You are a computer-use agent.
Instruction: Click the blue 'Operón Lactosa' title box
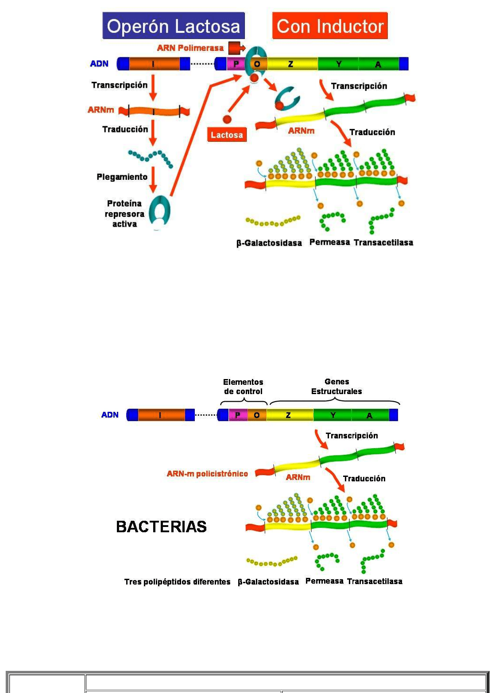[x=173, y=26]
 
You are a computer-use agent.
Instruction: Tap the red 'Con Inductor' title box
[x=330, y=26]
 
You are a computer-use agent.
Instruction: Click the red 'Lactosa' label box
[x=227, y=135]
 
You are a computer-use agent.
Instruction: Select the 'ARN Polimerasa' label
[x=190, y=48]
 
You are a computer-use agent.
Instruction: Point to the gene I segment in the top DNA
[x=154, y=64]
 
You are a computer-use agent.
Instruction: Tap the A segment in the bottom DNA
[x=369, y=415]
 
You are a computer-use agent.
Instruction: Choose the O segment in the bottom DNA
[x=257, y=415]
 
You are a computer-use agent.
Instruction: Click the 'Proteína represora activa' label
[x=124, y=213]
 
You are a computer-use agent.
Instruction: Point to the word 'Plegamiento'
[x=122, y=177]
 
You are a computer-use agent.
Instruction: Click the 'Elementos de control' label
[x=243, y=387]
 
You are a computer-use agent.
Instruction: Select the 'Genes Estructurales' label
[x=336, y=386]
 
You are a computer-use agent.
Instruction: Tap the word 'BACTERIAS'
[x=161, y=527]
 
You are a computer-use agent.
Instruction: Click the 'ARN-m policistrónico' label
[x=207, y=473]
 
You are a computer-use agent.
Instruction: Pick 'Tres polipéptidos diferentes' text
[x=177, y=581]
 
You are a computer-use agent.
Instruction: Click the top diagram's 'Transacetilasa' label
[x=383, y=242]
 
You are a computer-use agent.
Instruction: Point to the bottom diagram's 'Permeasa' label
[x=324, y=581]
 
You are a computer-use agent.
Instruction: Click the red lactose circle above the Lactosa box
[x=227, y=119]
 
